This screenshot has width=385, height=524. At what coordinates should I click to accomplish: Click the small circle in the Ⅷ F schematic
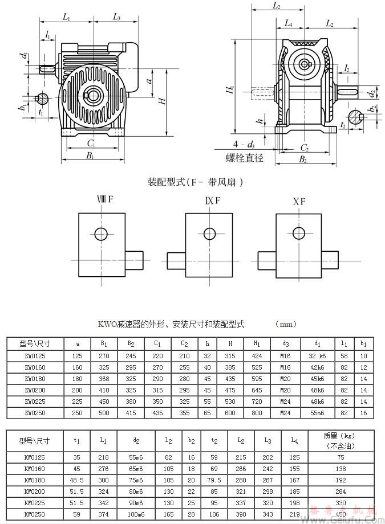click(x=101, y=234)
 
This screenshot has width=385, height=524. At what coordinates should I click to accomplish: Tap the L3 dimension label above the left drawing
click(x=116, y=18)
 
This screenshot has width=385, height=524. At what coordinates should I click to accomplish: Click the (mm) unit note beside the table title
click(x=286, y=324)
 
